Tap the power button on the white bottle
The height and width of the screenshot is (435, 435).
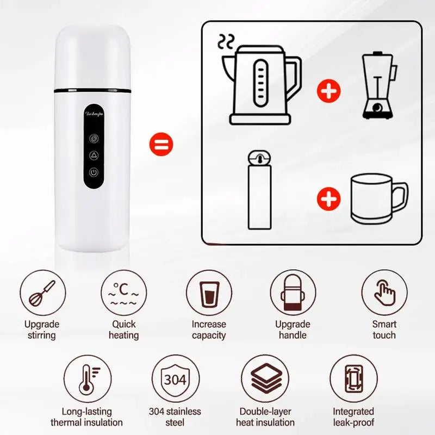click(x=94, y=173)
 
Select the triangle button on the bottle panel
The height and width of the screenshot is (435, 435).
click(x=94, y=155)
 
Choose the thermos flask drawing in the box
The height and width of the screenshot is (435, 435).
click(x=259, y=190)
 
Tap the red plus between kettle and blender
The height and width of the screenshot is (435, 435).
click(x=329, y=91)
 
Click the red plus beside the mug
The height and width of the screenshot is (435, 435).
click(x=329, y=200)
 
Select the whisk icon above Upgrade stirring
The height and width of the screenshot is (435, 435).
click(x=42, y=294)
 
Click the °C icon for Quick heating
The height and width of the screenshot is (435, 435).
click(x=124, y=294)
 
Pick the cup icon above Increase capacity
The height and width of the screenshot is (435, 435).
click(x=209, y=294)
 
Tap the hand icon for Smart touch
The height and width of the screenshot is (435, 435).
click(x=384, y=294)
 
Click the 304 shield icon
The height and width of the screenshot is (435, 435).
click(x=175, y=378)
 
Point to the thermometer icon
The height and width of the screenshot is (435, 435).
click(x=86, y=378)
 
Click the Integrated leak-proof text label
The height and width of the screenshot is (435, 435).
click(x=353, y=417)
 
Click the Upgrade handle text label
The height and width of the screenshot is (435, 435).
click(x=293, y=330)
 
